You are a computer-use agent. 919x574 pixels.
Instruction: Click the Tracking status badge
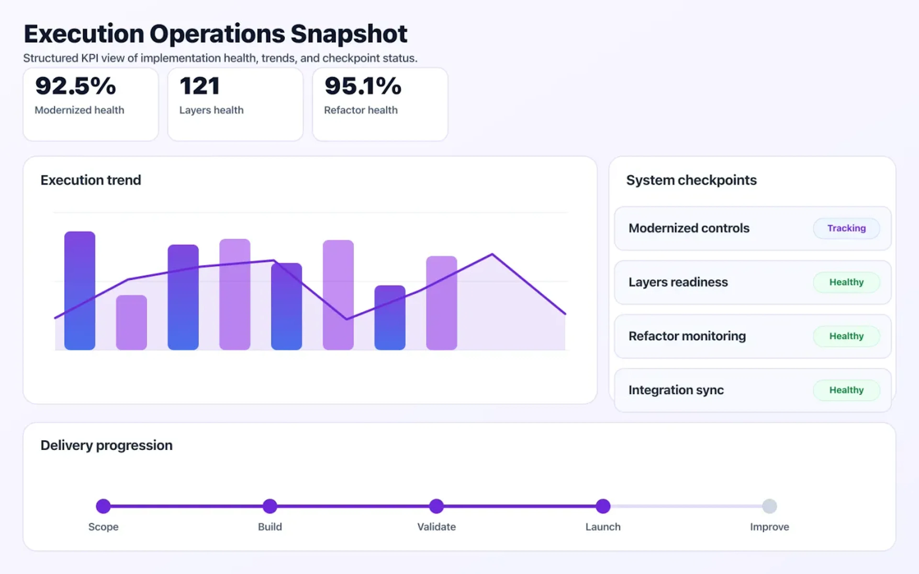pos(846,228)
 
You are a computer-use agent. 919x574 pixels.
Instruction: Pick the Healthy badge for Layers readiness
pos(846,282)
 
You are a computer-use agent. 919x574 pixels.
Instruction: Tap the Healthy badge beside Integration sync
pos(846,390)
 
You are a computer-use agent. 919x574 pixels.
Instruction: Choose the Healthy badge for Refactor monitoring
pos(846,336)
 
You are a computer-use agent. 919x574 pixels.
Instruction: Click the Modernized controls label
pos(689,228)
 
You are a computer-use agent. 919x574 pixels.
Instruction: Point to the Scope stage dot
pos(103,506)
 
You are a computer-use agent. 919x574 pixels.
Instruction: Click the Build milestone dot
pos(270,506)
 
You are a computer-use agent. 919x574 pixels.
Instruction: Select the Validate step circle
pos(436,506)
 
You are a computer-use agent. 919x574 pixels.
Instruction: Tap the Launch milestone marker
pos(603,506)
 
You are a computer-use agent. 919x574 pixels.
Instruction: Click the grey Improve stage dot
pos(769,506)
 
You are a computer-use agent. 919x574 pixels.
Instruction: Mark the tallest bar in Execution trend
pos(80,290)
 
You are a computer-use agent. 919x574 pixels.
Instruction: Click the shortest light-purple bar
pos(131,322)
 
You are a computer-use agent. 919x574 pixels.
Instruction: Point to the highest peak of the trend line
pos(492,254)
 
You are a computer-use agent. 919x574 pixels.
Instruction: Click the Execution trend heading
pos(91,180)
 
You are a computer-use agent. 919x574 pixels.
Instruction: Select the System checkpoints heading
pos(691,180)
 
